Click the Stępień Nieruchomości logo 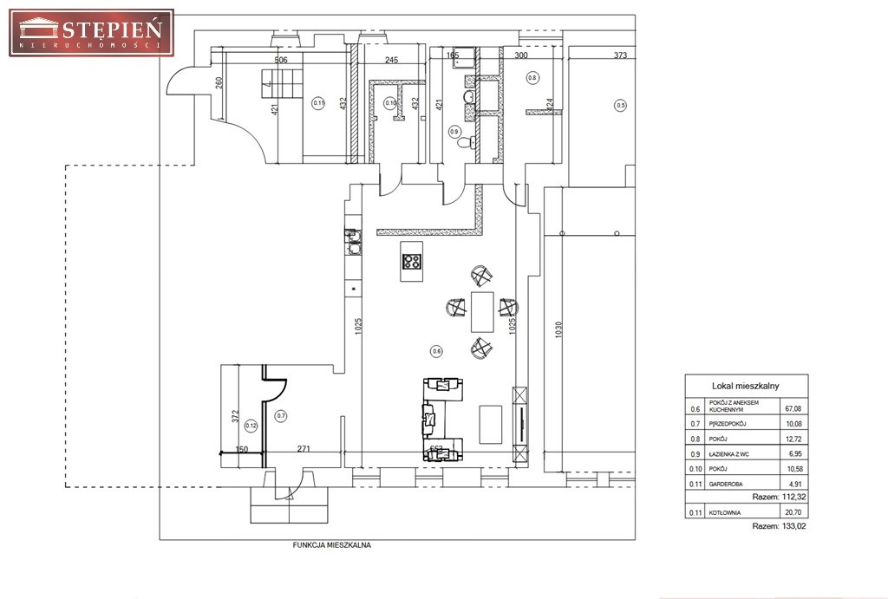tap(91, 32)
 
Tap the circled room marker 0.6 tap(436, 350)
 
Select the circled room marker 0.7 tap(280, 415)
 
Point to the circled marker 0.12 tap(251, 425)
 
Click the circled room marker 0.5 tap(620, 106)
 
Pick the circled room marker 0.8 tap(532, 78)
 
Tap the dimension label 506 tap(280, 60)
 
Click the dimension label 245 tap(391, 60)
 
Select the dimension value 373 tap(620, 55)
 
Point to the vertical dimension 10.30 tap(559, 331)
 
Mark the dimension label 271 tap(304, 449)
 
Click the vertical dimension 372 tap(234, 416)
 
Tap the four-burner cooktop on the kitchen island tap(413, 261)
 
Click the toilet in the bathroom tap(465, 141)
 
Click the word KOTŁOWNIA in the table tap(725, 513)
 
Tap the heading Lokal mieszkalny tap(746, 386)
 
